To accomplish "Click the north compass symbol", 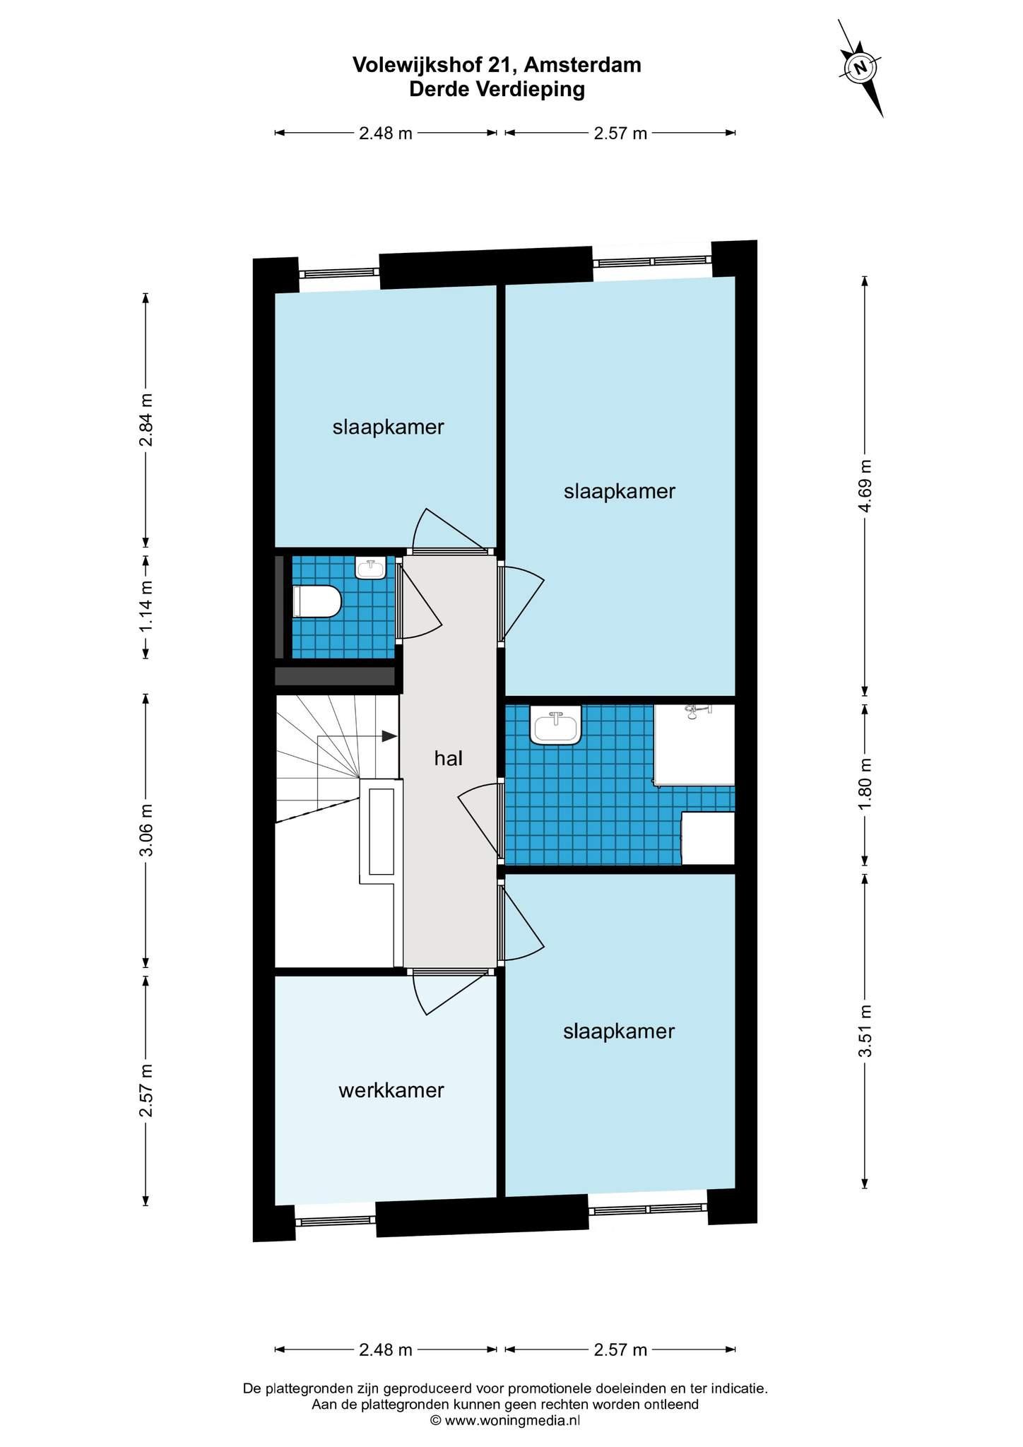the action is tap(861, 68).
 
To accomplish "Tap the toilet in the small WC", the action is tap(317, 601).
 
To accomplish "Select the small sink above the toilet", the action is tap(370, 568).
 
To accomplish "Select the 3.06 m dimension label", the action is tap(146, 829).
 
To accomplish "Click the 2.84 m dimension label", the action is tap(146, 420).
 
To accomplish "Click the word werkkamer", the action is tap(391, 1090).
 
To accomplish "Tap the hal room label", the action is tap(449, 758).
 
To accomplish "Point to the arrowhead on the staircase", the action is tap(389, 736).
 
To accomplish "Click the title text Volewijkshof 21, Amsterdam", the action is tap(497, 65).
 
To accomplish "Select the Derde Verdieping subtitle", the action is tap(497, 90).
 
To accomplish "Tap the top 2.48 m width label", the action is tap(386, 133).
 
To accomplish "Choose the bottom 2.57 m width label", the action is tap(620, 1349).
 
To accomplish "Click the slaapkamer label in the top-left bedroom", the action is tap(389, 427).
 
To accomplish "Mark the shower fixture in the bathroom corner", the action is tap(695, 745).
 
